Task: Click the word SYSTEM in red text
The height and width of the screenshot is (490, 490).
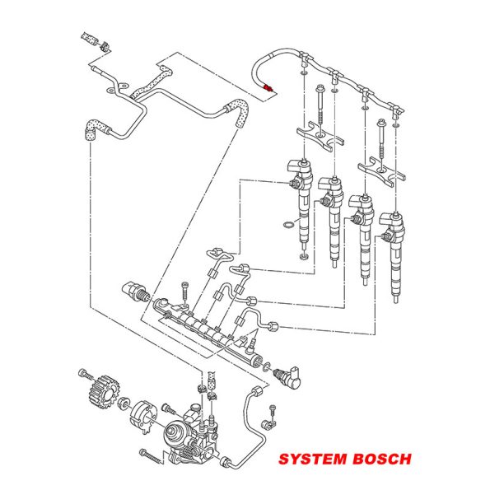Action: coord(313,459)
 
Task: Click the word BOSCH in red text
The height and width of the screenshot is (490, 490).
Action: coord(382,459)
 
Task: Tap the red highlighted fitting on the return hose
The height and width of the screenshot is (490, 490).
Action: coord(268,88)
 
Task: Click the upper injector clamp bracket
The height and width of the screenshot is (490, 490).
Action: coord(320,137)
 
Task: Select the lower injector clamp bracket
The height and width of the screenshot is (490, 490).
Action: coord(381,172)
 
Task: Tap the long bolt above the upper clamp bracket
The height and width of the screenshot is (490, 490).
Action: coord(321,106)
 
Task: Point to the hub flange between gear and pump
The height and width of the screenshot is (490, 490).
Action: coord(143,417)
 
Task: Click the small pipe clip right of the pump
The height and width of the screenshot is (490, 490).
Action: coord(268,424)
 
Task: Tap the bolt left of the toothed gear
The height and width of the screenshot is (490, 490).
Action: coord(86,374)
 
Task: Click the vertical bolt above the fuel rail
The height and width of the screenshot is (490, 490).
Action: coord(184,293)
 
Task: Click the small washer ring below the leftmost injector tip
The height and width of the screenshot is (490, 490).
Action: coord(303,257)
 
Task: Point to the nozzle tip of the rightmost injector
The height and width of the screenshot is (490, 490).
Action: coord(395,299)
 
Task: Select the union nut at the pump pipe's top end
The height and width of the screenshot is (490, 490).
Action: coord(257,390)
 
